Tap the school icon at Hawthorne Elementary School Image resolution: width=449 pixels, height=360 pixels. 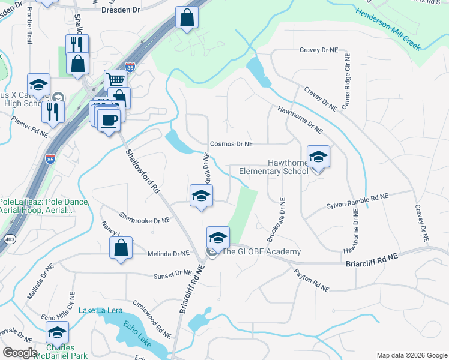(x=318, y=157)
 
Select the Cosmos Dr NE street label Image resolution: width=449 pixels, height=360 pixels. (x=231, y=144)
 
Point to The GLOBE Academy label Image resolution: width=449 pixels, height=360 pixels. (x=261, y=252)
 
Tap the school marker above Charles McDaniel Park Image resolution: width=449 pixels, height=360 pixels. (x=57, y=332)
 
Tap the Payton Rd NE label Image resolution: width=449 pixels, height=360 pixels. (x=312, y=281)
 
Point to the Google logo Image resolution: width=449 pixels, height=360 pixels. (x=20, y=353)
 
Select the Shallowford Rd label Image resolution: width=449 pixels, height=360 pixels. (x=143, y=172)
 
